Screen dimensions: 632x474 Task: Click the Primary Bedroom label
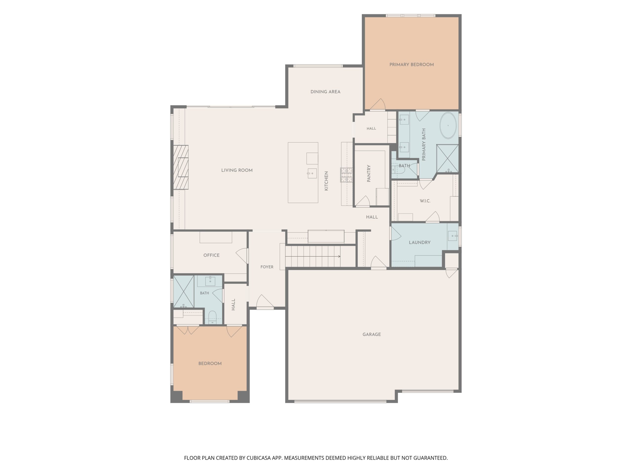pos(412,65)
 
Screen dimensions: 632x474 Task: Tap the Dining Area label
pos(325,92)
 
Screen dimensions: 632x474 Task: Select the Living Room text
pos(237,170)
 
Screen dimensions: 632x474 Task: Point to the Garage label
pos(372,334)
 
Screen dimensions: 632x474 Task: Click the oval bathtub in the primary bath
pos(448,126)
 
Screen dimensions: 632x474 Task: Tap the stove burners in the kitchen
pos(346,175)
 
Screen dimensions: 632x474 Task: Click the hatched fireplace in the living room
pos(180,167)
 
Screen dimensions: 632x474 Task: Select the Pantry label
pos(369,173)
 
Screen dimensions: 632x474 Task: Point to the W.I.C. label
pos(425,201)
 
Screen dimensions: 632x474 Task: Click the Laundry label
pos(419,242)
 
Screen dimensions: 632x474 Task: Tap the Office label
pos(211,255)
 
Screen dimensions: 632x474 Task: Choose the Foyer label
pos(267,267)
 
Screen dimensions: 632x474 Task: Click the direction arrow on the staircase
pos(313,256)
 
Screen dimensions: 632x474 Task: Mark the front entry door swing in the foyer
pos(265,301)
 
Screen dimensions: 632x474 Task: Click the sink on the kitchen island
pos(312,173)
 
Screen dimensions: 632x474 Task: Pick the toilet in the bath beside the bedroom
pos(212,317)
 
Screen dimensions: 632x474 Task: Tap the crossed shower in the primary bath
pos(447,159)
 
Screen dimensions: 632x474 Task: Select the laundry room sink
pos(453,236)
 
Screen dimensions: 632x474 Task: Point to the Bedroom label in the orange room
pos(210,363)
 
